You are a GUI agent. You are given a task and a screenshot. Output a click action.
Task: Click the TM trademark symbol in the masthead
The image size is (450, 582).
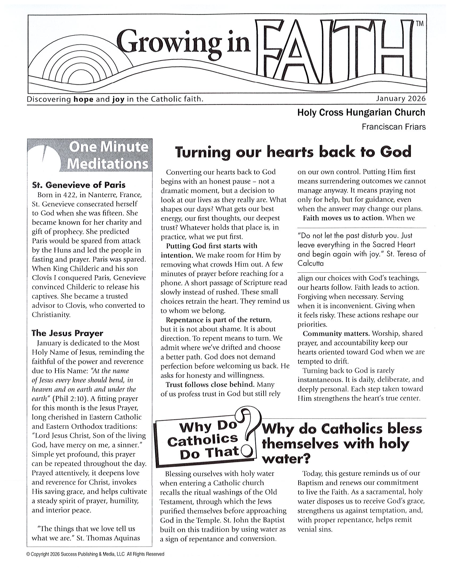click(420, 24)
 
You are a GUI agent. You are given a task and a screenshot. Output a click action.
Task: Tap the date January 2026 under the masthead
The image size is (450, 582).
click(401, 99)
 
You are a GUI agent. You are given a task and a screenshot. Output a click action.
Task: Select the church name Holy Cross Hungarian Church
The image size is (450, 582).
click(361, 113)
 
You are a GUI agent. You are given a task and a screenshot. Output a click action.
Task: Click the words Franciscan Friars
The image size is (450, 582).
click(393, 127)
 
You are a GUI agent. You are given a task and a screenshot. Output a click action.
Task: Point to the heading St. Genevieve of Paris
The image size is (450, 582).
click(79, 185)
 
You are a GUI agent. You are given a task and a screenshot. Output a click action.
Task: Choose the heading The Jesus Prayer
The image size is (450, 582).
click(67, 333)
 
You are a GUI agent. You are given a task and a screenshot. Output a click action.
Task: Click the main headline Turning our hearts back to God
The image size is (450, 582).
click(293, 152)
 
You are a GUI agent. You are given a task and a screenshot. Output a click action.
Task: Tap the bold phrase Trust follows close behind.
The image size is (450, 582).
click(210, 384)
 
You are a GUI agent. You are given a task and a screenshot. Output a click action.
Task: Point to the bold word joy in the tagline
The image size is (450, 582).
click(118, 99)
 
